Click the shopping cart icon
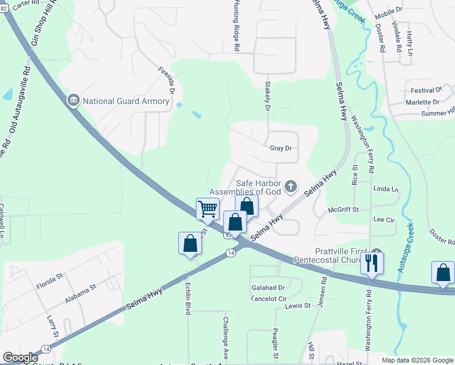[207, 209]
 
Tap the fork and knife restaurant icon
[370, 263]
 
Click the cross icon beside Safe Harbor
[291, 186]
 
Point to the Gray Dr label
[281, 148]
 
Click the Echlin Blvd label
[187, 298]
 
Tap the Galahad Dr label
[268, 287]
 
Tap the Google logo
[20, 358]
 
